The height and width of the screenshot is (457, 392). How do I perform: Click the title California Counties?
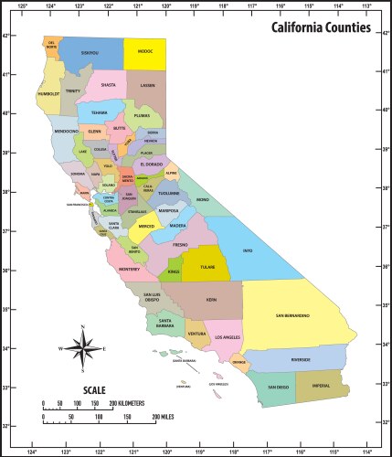(x=321, y=28)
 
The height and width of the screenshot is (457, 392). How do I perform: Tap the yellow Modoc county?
(x=145, y=55)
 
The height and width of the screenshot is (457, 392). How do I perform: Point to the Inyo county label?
(x=247, y=250)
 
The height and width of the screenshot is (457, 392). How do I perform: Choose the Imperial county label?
(x=323, y=386)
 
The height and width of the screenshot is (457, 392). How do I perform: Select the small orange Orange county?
(x=239, y=363)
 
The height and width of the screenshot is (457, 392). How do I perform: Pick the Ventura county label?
(x=196, y=333)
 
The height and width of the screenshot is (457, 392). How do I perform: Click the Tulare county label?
(x=207, y=268)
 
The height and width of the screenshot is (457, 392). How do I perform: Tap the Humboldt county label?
(x=48, y=93)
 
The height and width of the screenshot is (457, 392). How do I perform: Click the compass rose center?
(x=83, y=348)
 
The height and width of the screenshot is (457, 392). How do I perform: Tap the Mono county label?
(x=203, y=199)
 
